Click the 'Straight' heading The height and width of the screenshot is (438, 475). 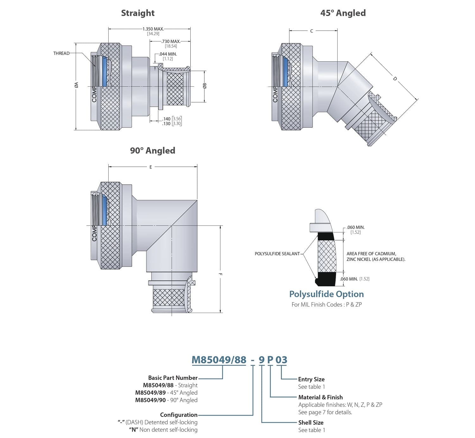[x=138, y=13]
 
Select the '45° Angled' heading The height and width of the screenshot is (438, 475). [x=343, y=13]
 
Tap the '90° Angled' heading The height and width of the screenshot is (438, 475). [x=152, y=151]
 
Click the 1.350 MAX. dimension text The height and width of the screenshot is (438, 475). [x=153, y=29]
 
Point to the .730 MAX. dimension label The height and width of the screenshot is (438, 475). [x=171, y=41]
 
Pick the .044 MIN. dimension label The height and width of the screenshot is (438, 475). [x=168, y=54]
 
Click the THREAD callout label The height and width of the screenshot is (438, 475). [x=61, y=53]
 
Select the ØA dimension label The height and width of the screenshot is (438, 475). [x=76, y=85]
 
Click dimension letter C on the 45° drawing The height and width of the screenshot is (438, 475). [x=312, y=31]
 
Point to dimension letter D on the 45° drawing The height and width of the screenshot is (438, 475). [x=395, y=78]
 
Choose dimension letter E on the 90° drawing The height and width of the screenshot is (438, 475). [x=151, y=167]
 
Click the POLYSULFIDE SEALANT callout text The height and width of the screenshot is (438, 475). [x=277, y=254]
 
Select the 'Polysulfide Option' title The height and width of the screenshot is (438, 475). [x=326, y=294]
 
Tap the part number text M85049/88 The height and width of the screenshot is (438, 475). [x=219, y=360]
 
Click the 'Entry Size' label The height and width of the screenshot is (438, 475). [x=311, y=379]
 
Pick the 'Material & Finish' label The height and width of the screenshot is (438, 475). [x=320, y=397]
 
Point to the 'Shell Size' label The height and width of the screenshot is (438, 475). [x=311, y=423]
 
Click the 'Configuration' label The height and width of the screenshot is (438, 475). [x=179, y=415]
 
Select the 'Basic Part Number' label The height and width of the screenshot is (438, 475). [x=173, y=378]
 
